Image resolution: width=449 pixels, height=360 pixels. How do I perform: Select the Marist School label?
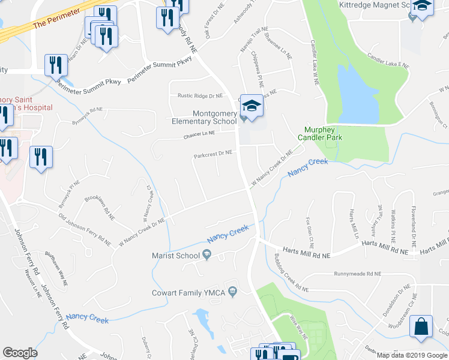[175, 256]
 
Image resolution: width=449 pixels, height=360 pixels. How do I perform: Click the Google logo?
[20, 353]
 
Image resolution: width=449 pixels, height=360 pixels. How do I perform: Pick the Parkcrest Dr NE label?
[212, 154]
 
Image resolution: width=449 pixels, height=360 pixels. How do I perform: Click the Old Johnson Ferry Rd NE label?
[83, 229]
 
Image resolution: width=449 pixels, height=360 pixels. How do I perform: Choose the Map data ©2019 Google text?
[412, 355]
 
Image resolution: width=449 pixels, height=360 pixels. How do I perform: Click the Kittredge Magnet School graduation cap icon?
[423, 8]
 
